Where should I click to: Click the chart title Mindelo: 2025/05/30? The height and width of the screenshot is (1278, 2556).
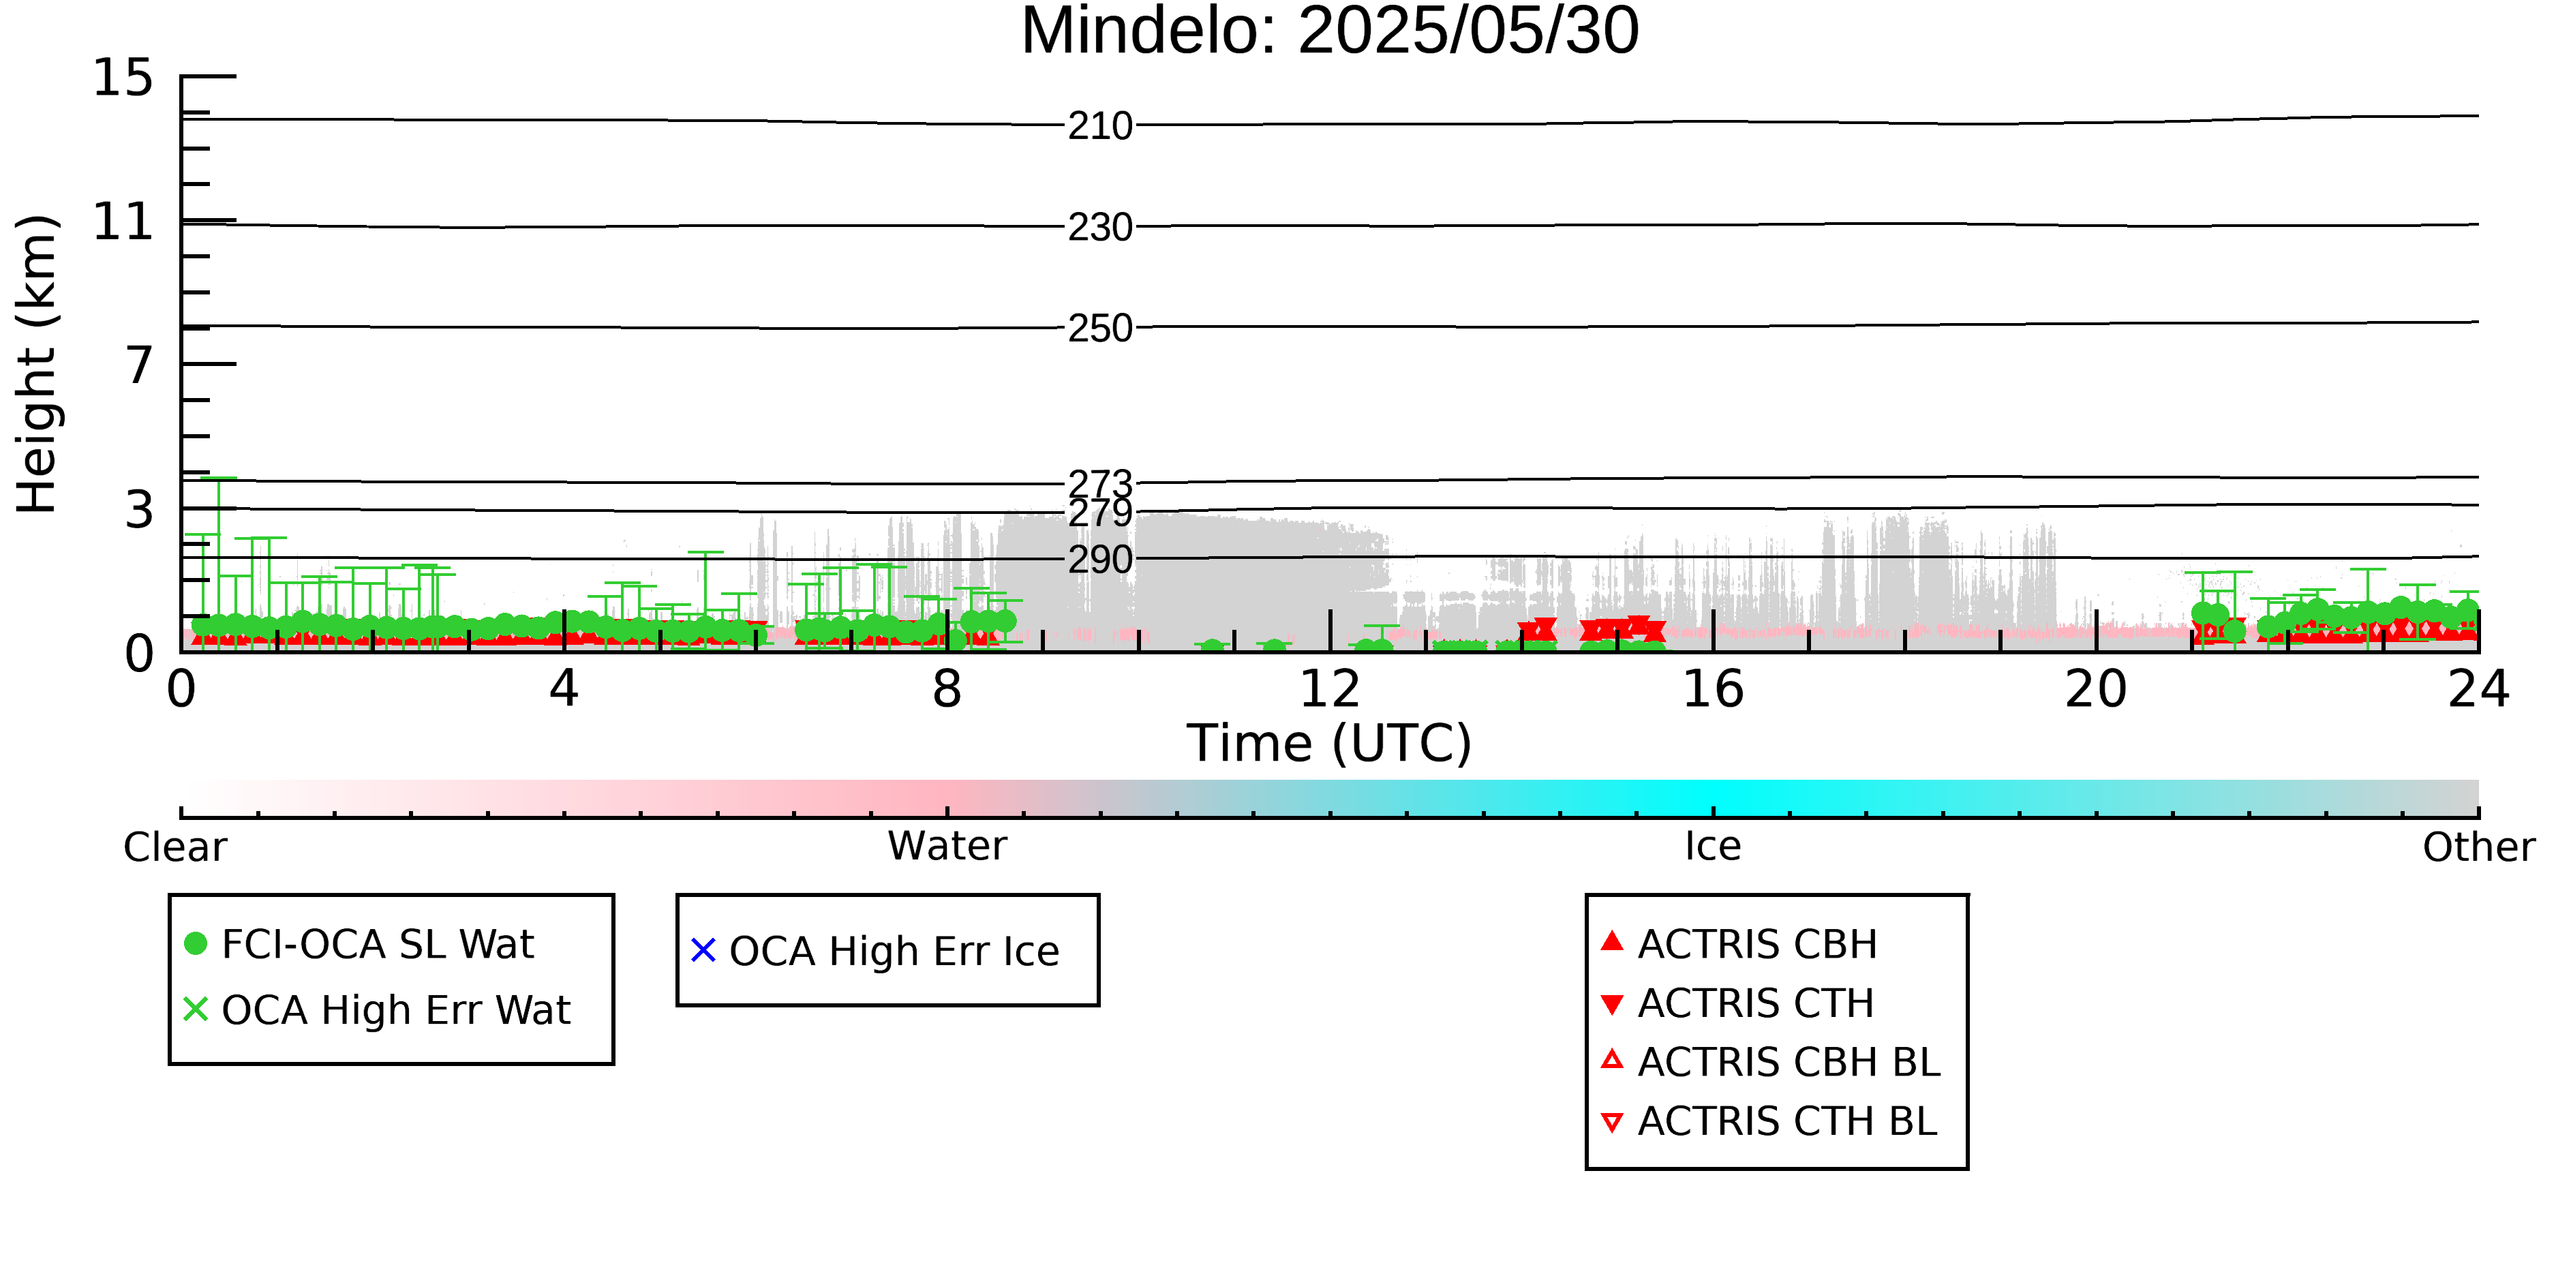1330,32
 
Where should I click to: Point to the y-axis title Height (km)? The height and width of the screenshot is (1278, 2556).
37,364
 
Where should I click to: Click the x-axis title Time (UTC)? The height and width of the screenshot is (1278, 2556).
1330,743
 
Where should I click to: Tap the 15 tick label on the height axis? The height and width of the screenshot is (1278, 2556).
123,78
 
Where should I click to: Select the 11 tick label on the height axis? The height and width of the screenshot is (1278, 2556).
123,222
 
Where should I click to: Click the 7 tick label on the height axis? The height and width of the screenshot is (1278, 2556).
140,365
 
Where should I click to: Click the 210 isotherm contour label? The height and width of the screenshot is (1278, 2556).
1100,126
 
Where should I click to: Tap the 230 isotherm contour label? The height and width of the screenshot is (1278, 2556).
1100,227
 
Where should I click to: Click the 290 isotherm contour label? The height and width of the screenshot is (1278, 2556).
1100,560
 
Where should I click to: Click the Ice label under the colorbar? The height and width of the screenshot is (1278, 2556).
1714,847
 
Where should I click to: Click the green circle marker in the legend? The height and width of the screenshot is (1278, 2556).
196,943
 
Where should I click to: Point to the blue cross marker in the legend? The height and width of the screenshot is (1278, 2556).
703,951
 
